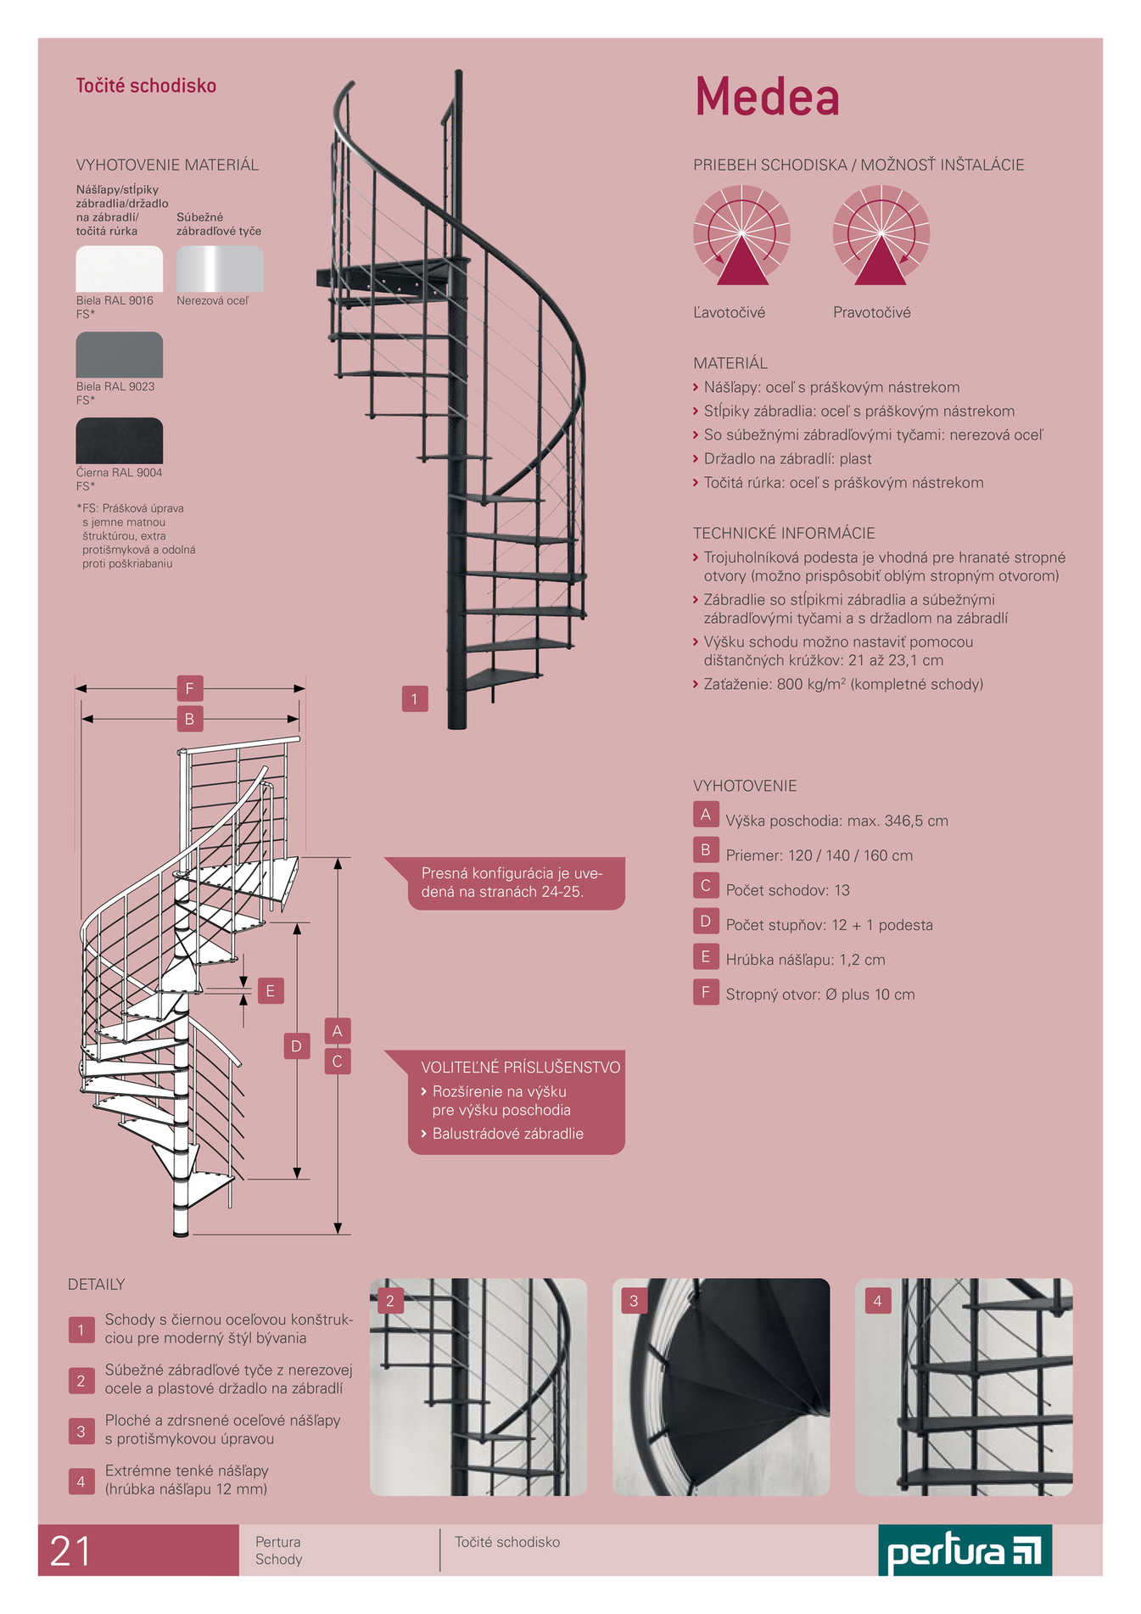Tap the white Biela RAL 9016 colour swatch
pos(119,269)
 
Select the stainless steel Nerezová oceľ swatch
pos(220,269)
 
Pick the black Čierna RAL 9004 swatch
pos(119,440)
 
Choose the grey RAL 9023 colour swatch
pos(119,355)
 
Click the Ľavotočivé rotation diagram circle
pos(741,235)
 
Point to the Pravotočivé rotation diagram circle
pos(881,235)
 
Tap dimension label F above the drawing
pos(189,688)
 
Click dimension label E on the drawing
pos(271,990)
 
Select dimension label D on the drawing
pos(296,1045)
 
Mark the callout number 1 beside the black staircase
pos(415,699)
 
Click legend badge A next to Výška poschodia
pos(706,815)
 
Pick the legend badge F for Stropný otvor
pos(706,991)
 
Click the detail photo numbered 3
pos(721,1387)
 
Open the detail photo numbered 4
pos(964,1387)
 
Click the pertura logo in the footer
pos(965,1550)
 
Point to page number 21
pos(70,1551)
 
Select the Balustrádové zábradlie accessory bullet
pos(502,1134)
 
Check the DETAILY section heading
pos(96,1285)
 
